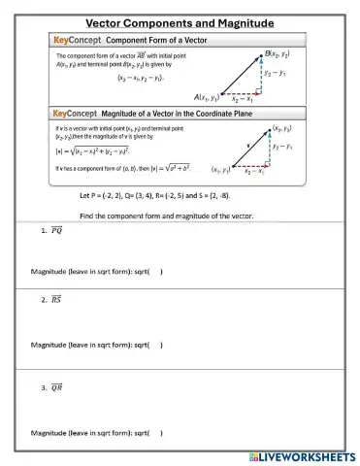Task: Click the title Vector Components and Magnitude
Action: point(180,22)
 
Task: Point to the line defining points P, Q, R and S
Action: point(164,196)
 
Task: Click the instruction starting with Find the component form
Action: point(166,215)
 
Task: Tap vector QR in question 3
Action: point(56,388)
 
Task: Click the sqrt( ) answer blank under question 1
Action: point(154,272)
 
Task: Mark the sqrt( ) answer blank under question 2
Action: point(154,345)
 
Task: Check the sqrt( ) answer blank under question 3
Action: point(154,432)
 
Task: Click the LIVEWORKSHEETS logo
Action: point(303,455)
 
